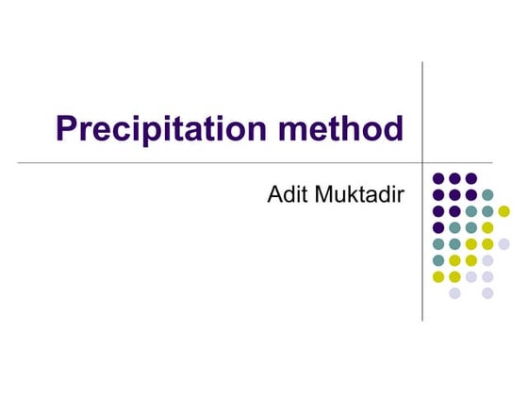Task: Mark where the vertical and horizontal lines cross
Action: (421, 163)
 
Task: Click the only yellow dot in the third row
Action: (504, 211)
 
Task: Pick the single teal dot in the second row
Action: (487, 194)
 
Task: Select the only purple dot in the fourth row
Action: (438, 227)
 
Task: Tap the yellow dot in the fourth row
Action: (487, 227)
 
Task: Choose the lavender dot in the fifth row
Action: (504, 244)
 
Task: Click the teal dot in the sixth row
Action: (438, 260)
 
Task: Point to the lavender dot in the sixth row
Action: (487, 260)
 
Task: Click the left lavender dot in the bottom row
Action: (454, 293)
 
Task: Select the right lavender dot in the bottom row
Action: (487, 293)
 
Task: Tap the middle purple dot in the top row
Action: (454, 178)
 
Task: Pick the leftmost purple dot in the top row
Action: (438, 178)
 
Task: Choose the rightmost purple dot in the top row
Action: (471, 178)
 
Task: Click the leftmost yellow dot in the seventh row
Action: (438, 277)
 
